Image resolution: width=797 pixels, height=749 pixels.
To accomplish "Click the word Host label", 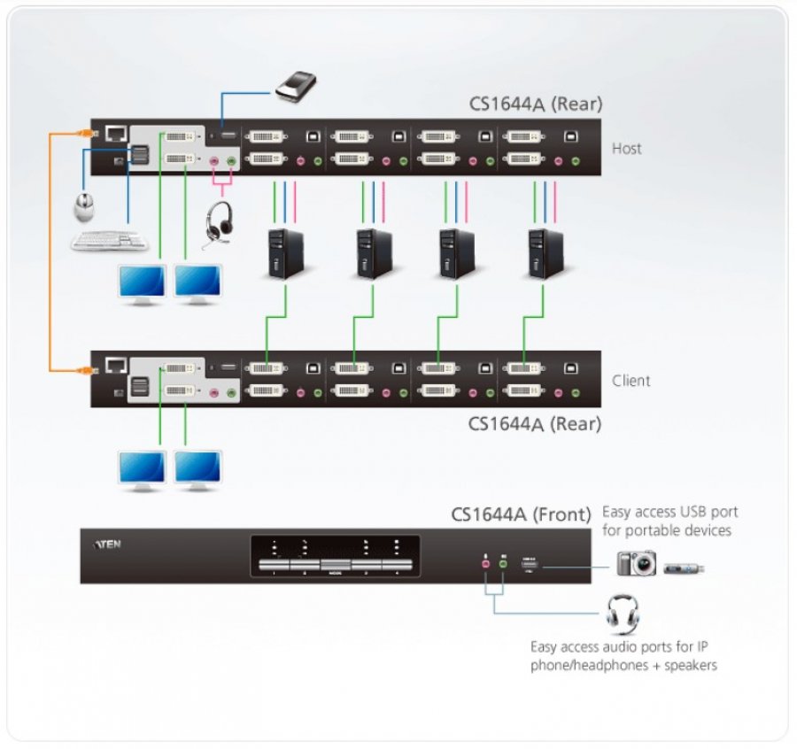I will (626, 148).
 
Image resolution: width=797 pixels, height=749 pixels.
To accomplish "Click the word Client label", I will (631, 381).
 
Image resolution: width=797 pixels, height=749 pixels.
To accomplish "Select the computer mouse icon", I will (87, 207).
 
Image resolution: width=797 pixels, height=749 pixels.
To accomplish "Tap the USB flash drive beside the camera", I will (685, 565).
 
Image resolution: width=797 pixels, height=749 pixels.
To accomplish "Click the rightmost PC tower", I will (545, 253).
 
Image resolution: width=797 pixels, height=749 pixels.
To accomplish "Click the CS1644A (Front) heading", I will (520, 514).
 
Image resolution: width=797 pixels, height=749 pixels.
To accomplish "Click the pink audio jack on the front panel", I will (485, 562).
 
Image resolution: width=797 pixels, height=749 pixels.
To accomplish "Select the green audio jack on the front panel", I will (502, 562).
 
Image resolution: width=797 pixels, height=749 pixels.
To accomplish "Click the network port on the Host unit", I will (115, 134).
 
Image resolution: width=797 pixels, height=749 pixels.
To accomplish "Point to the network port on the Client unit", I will (115, 365).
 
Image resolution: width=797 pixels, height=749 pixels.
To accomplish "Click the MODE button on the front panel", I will (335, 565).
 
